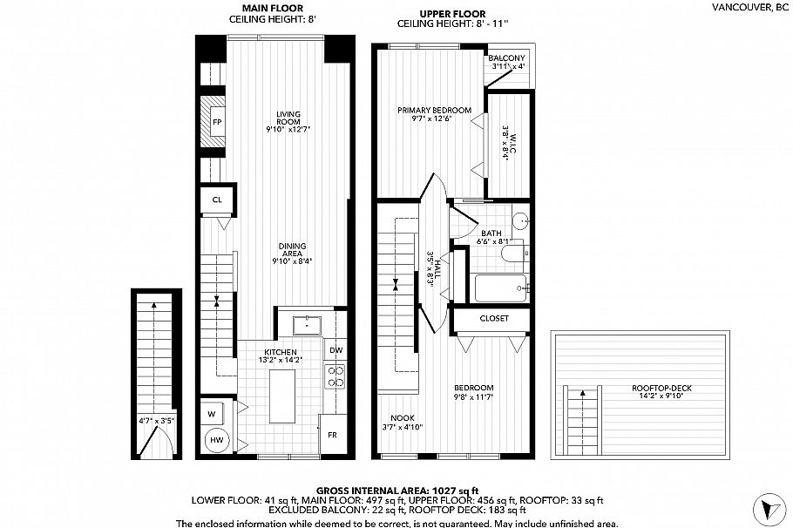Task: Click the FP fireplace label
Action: [217, 122]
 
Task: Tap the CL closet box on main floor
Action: [216, 200]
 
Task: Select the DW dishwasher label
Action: [335, 349]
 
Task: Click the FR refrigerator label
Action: [332, 433]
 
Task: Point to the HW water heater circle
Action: [215, 441]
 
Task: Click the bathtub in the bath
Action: [501, 288]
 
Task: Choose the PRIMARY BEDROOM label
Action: [434, 110]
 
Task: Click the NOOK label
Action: [402, 416]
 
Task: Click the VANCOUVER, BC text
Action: [749, 8]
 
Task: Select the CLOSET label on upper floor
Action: [493, 319]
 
